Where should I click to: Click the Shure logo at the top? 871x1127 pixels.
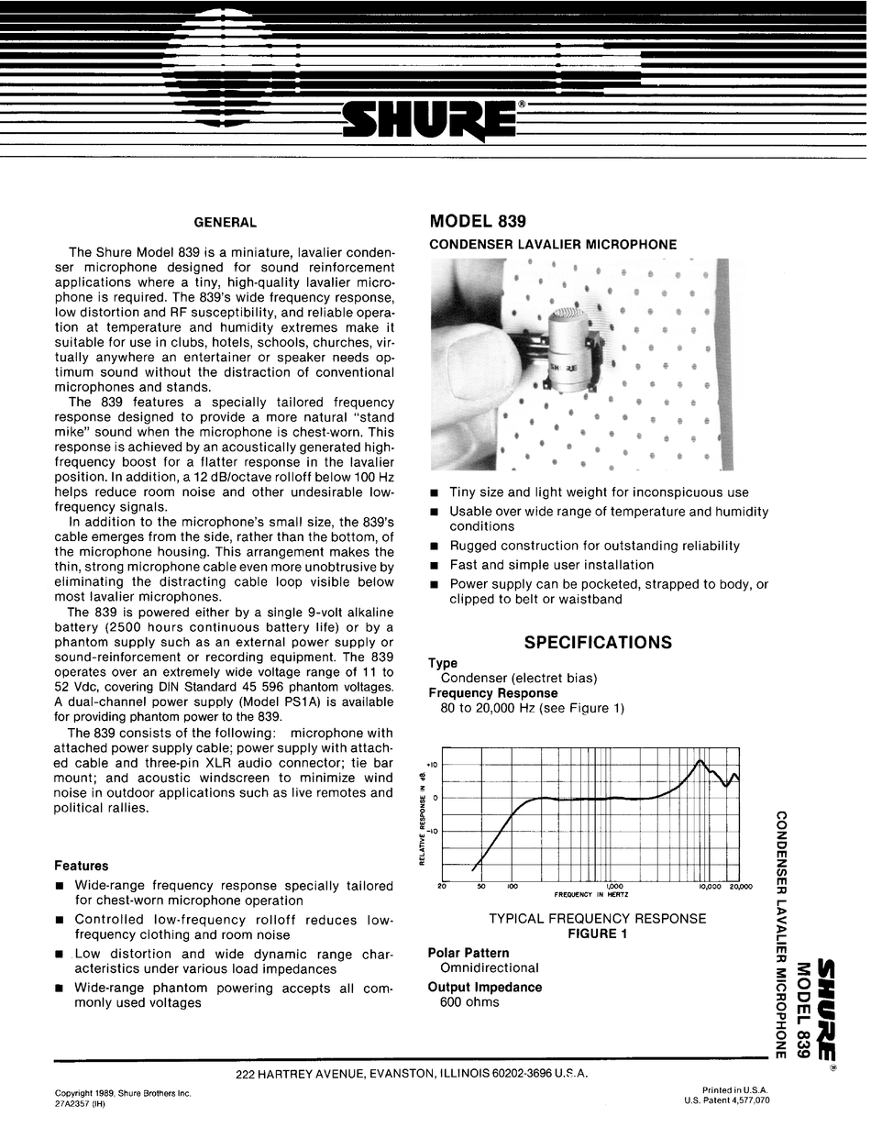pyautogui.click(x=427, y=120)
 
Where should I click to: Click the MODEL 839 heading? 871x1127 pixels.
pyautogui.click(x=478, y=222)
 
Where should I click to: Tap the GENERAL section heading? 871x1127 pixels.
pyautogui.click(x=225, y=222)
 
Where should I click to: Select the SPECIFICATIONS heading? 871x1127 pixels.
pyautogui.click(x=598, y=643)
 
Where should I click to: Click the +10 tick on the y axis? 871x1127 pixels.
pyautogui.click(x=432, y=765)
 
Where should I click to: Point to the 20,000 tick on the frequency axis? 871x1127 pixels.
pyautogui.click(x=739, y=887)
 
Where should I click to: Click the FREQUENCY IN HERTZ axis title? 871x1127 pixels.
pyautogui.click(x=591, y=895)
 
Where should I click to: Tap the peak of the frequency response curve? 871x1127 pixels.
pyautogui.click(x=700, y=761)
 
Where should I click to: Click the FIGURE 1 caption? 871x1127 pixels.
pyautogui.click(x=597, y=934)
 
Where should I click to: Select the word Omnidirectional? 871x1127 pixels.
pyautogui.click(x=490, y=967)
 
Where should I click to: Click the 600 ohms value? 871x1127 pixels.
pyautogui.click(x=469, y=1002)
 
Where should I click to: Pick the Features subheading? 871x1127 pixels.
pyautogui.click(x=81, y=866)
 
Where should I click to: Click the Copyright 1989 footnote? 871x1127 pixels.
pyautogui.click(x=123, y=1093)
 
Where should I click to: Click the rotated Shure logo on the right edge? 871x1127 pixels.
pyautogui.click(x=826, y=1009)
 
